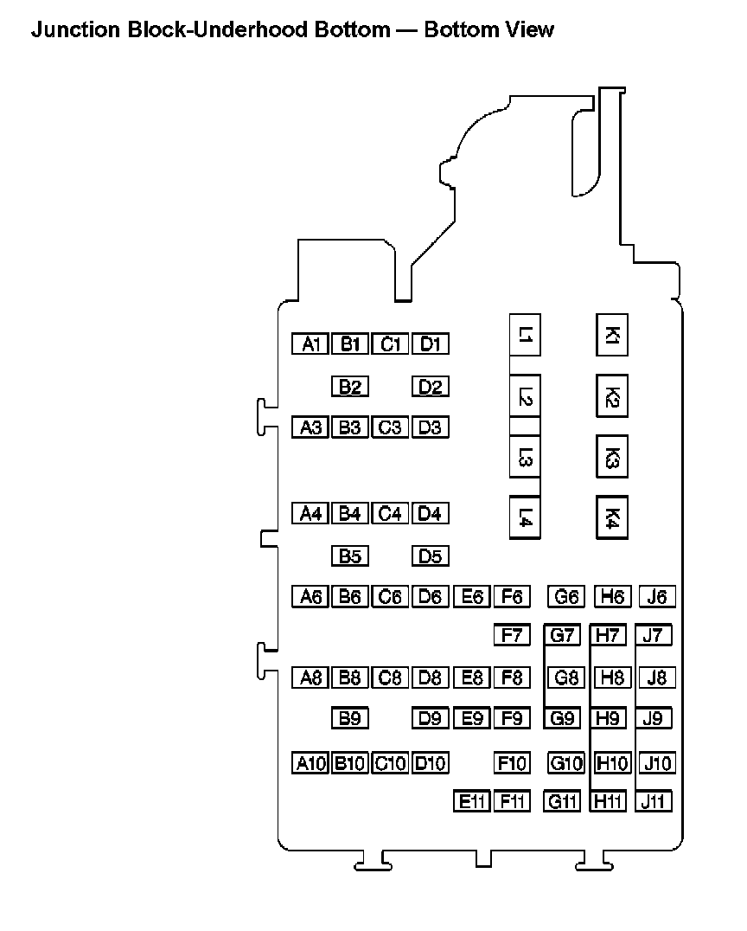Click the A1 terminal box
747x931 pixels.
pos(310,344)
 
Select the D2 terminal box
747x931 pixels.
pos(431,387)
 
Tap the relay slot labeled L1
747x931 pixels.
pos(525,334)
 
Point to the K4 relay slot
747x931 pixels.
pos(611,517)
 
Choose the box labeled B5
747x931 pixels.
pos(349,555)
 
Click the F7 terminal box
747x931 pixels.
pos(511,636)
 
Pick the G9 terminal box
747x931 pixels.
pos(562,717)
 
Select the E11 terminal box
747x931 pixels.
pos(471,801)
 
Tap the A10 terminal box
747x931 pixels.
pos(310,763)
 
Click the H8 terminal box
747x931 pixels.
pos(611,677)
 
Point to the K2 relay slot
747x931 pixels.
pos(611,397)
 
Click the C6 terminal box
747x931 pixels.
pos(390,596)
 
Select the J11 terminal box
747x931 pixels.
pos(653,801)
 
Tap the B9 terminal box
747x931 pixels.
pos(349,717)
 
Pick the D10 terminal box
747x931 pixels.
pos(431,763)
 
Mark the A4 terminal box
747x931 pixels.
pos(310,513)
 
